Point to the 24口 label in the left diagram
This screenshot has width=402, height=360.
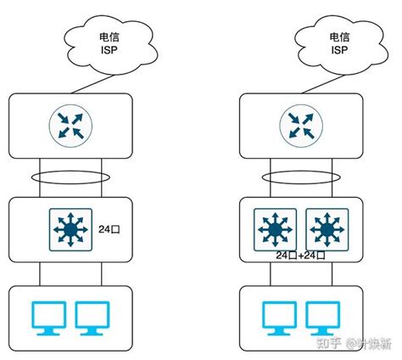(x=108, y=229)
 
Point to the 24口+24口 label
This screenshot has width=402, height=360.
(x=299, y=256)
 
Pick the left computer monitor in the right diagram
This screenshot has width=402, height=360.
(x=276, y=318)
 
